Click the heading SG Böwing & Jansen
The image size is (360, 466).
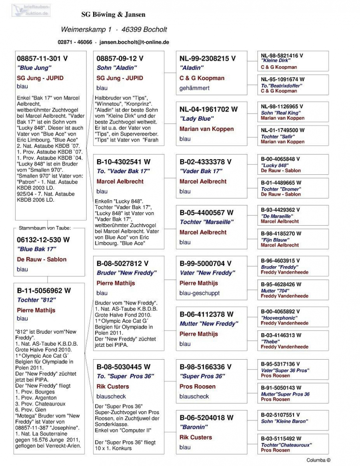(113, 15)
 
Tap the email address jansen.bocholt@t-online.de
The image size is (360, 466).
(134, 42)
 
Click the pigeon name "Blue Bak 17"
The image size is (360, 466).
(36, 249)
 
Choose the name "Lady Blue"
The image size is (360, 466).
(196, 119)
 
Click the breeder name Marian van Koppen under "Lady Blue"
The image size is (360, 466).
(206, 129)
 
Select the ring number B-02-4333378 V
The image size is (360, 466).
(205, 162)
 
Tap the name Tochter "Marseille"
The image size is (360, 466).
(206, 222)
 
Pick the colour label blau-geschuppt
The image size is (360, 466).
(199, 293)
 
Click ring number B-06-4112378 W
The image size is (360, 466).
(206, 314)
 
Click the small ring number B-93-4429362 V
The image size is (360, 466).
(280, 210)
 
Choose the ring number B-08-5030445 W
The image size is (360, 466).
(123, 367)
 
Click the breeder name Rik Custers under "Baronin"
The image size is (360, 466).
(196, 437)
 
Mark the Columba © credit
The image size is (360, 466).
(318, 460)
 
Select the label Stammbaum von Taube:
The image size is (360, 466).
(44, 228)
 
